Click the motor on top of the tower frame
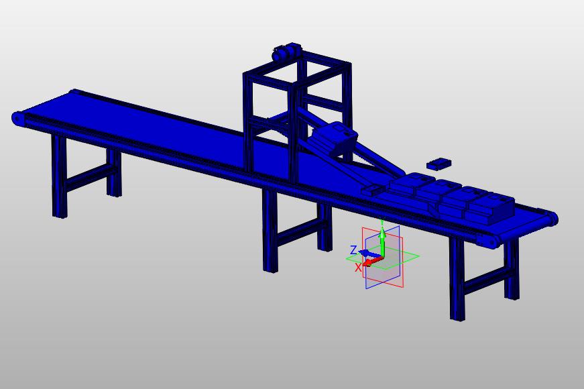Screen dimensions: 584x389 pos(287,52)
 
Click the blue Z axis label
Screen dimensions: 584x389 pos(354,249)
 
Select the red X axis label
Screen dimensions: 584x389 pos(358,267)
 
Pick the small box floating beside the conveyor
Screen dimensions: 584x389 pos(439,164)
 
